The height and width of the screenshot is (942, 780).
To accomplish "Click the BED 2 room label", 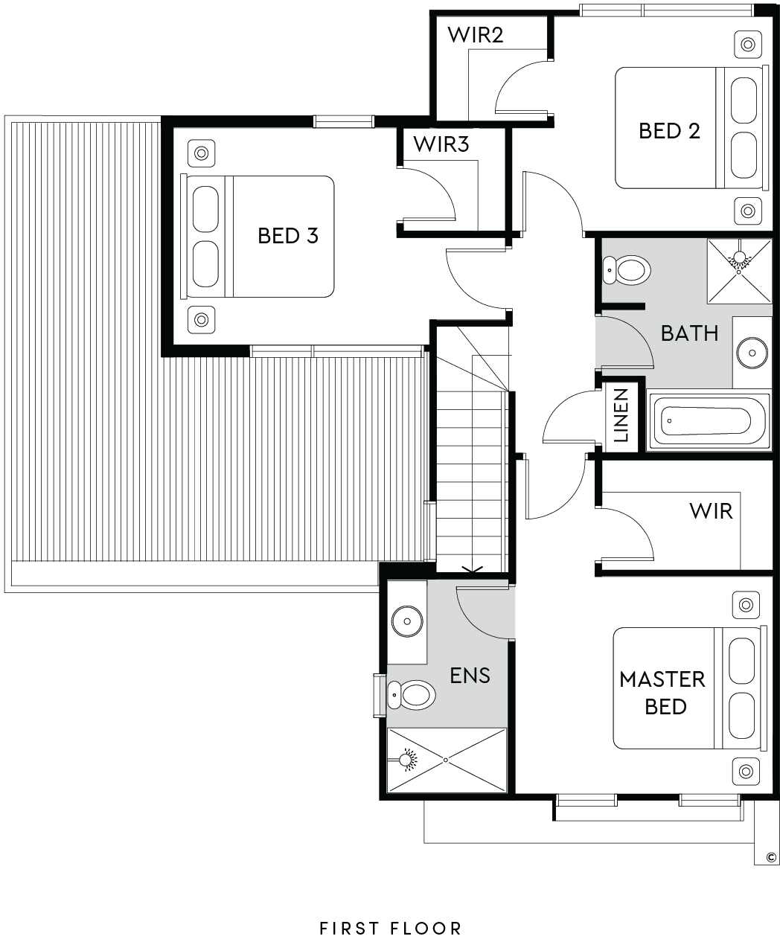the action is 669,131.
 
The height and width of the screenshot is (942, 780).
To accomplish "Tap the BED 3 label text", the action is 288,235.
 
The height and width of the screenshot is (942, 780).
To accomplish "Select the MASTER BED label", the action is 662,693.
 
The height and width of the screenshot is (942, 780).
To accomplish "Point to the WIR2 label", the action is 476,35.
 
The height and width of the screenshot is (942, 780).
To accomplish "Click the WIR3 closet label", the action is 441,144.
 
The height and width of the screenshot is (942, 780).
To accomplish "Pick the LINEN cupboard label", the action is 621,415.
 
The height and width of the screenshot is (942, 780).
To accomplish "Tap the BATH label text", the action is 689,333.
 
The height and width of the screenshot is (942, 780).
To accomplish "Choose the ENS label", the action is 470,676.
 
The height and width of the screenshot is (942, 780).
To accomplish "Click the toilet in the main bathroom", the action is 627,271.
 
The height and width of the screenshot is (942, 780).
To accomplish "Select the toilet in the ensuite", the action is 412,695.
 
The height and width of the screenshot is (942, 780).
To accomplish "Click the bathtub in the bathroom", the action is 709,421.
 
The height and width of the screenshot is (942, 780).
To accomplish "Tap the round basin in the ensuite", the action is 407,621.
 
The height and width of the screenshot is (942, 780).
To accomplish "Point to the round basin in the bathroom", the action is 752,353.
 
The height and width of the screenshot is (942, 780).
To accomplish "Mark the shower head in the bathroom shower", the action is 739,258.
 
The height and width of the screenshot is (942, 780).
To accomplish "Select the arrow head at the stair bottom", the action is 473,569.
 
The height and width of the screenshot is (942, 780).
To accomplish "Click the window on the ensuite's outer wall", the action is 379,695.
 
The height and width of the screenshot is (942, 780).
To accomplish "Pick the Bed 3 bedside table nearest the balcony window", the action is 201,320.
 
